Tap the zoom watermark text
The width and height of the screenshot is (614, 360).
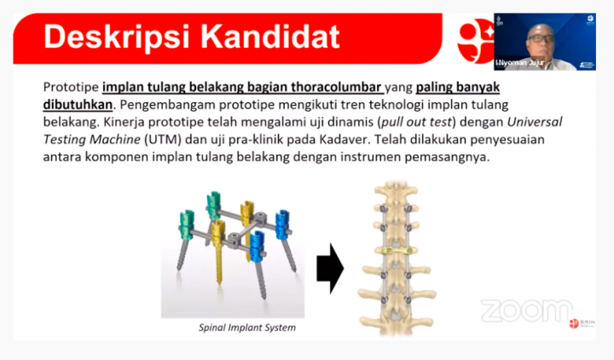click(526, 311)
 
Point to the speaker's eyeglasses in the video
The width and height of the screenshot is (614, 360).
click(541, 38)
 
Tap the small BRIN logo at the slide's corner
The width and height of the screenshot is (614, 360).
click(582, 324)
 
